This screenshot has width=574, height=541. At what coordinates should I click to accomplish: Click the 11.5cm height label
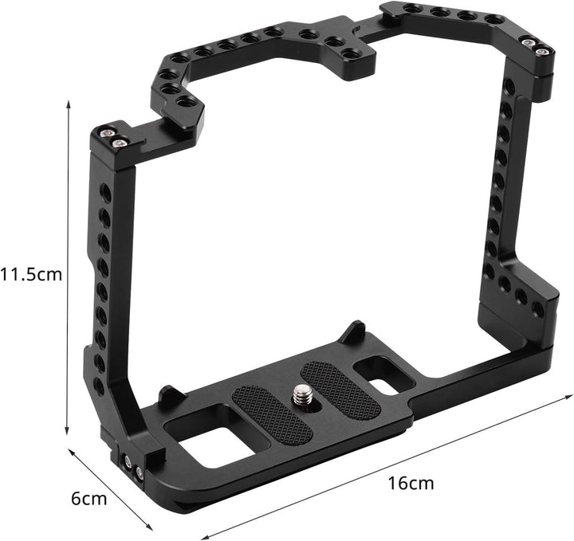click(31, 274)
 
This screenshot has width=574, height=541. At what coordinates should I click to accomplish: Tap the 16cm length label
click(411, 483)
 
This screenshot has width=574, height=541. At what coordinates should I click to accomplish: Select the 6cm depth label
click(89, 499)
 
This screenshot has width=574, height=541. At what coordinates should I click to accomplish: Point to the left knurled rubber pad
click(272, 415)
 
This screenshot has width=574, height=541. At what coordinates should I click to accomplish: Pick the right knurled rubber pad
click(340, 389)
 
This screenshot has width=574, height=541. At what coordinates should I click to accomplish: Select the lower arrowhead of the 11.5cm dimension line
click(67, 431)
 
